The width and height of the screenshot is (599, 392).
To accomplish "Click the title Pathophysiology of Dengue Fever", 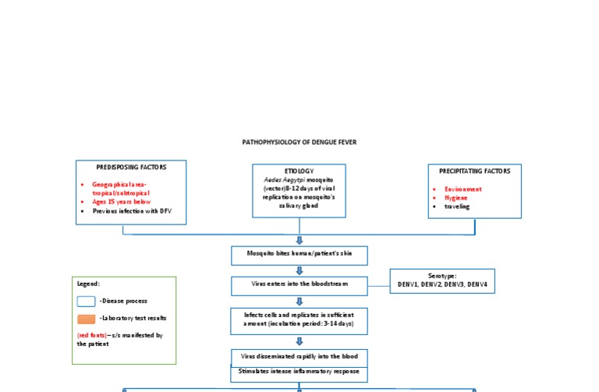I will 299,143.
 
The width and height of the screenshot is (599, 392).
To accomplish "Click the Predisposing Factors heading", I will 131,167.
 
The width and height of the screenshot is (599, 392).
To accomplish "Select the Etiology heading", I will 299,170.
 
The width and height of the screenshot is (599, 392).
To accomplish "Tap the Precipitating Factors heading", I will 474,171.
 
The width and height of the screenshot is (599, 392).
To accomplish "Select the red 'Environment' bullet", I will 463,189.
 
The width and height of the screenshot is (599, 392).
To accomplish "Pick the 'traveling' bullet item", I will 458,207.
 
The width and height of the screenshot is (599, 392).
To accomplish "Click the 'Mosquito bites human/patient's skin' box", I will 299,256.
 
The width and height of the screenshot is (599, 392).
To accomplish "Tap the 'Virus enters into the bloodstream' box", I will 299,285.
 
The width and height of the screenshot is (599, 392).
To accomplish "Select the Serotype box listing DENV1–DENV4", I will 442,281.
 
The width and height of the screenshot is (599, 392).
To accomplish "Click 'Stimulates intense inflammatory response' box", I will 299,373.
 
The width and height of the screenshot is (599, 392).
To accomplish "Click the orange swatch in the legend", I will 87,318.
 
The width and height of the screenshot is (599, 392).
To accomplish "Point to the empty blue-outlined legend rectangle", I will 87,301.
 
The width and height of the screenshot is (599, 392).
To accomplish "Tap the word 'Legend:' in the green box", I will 88,284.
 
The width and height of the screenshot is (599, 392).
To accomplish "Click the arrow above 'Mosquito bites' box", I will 299,240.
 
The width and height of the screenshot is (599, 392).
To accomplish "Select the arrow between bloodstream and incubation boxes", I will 299,301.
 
